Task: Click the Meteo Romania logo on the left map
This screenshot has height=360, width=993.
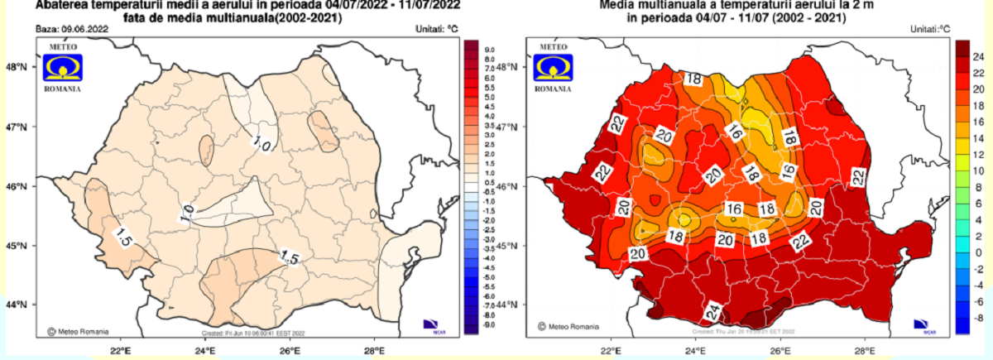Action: click(63, 65)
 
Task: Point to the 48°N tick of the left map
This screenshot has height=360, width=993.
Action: click(19, 68)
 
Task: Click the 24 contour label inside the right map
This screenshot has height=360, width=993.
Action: click(712, 312)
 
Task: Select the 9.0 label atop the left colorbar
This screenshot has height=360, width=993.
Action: click(490, 50)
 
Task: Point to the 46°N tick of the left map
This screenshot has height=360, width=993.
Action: click(19, 187)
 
